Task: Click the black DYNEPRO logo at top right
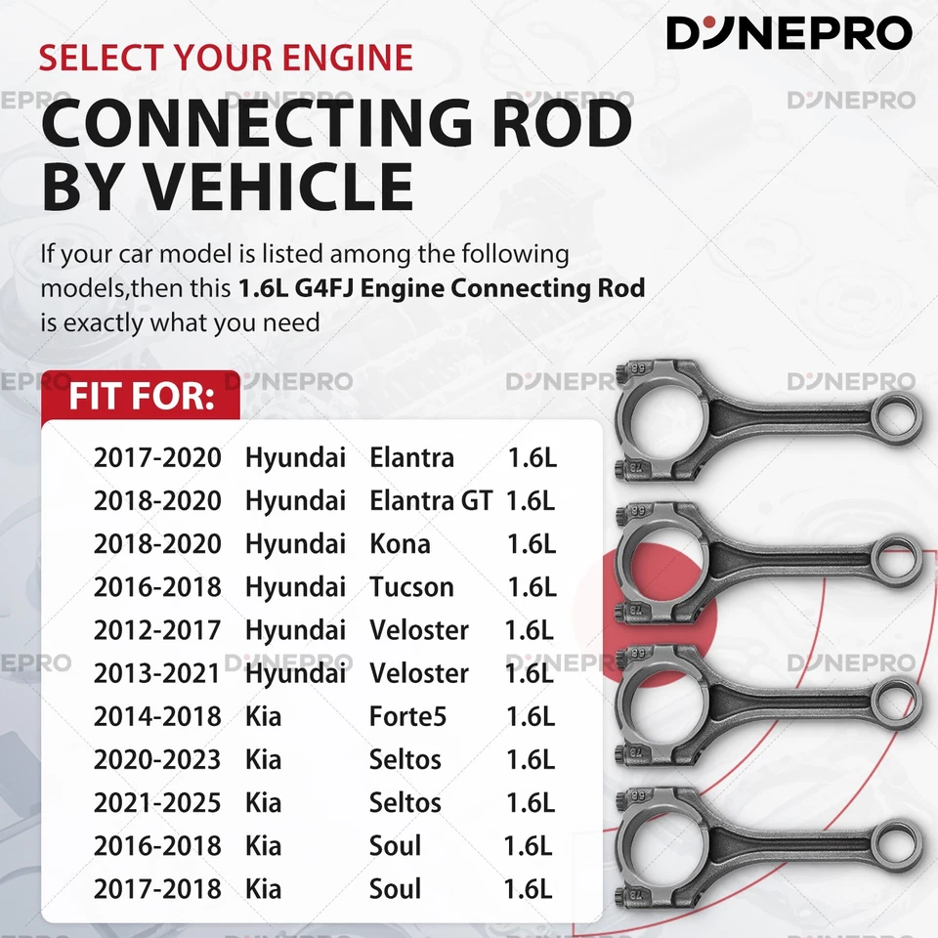pos(789,33)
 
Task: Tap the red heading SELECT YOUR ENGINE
pos(226,57)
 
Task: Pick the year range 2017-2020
pos(157,457)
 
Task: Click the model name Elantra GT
pos(431,500)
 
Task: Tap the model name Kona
pos(400,543)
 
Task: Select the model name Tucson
pos(411,587)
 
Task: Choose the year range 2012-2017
pos(157,630)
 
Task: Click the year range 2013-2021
pos(157,673)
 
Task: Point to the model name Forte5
pos(407,716)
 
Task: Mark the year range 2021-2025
pos(157,802)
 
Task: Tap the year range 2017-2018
pos(157,888)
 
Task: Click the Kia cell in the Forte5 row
pos(263,716)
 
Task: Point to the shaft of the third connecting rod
pos(791,695)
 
